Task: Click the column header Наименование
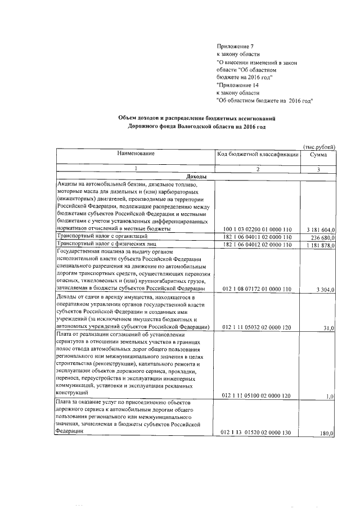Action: (136, 154)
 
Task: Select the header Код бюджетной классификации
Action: (258, 154)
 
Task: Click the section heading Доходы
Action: (195, 177)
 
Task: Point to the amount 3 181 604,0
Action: (321, 230)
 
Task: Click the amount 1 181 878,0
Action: (321, 245)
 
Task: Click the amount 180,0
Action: (327, 434)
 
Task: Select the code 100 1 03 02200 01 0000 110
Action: (258, 230)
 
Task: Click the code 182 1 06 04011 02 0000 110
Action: (258, 237)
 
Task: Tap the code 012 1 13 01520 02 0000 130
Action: (258, 433)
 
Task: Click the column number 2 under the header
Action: (258, 169)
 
